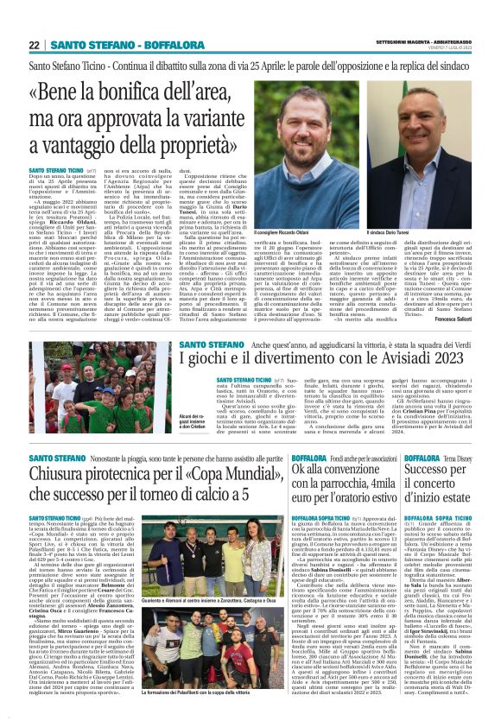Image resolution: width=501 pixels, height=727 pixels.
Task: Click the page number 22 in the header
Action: pyautogui.click(x=34, y=45)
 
